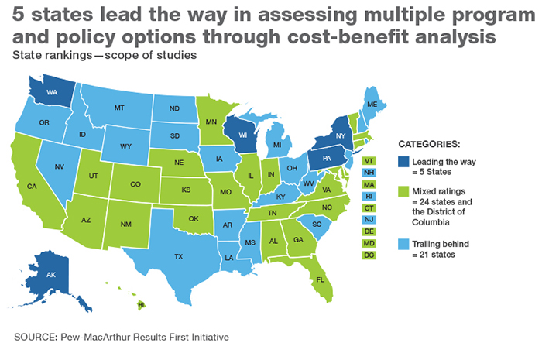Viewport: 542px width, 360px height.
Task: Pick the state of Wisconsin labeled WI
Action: coord(241,133)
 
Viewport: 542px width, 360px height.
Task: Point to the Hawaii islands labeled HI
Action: coord(140,305)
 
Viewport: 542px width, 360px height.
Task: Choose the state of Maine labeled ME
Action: coord(372,105)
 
